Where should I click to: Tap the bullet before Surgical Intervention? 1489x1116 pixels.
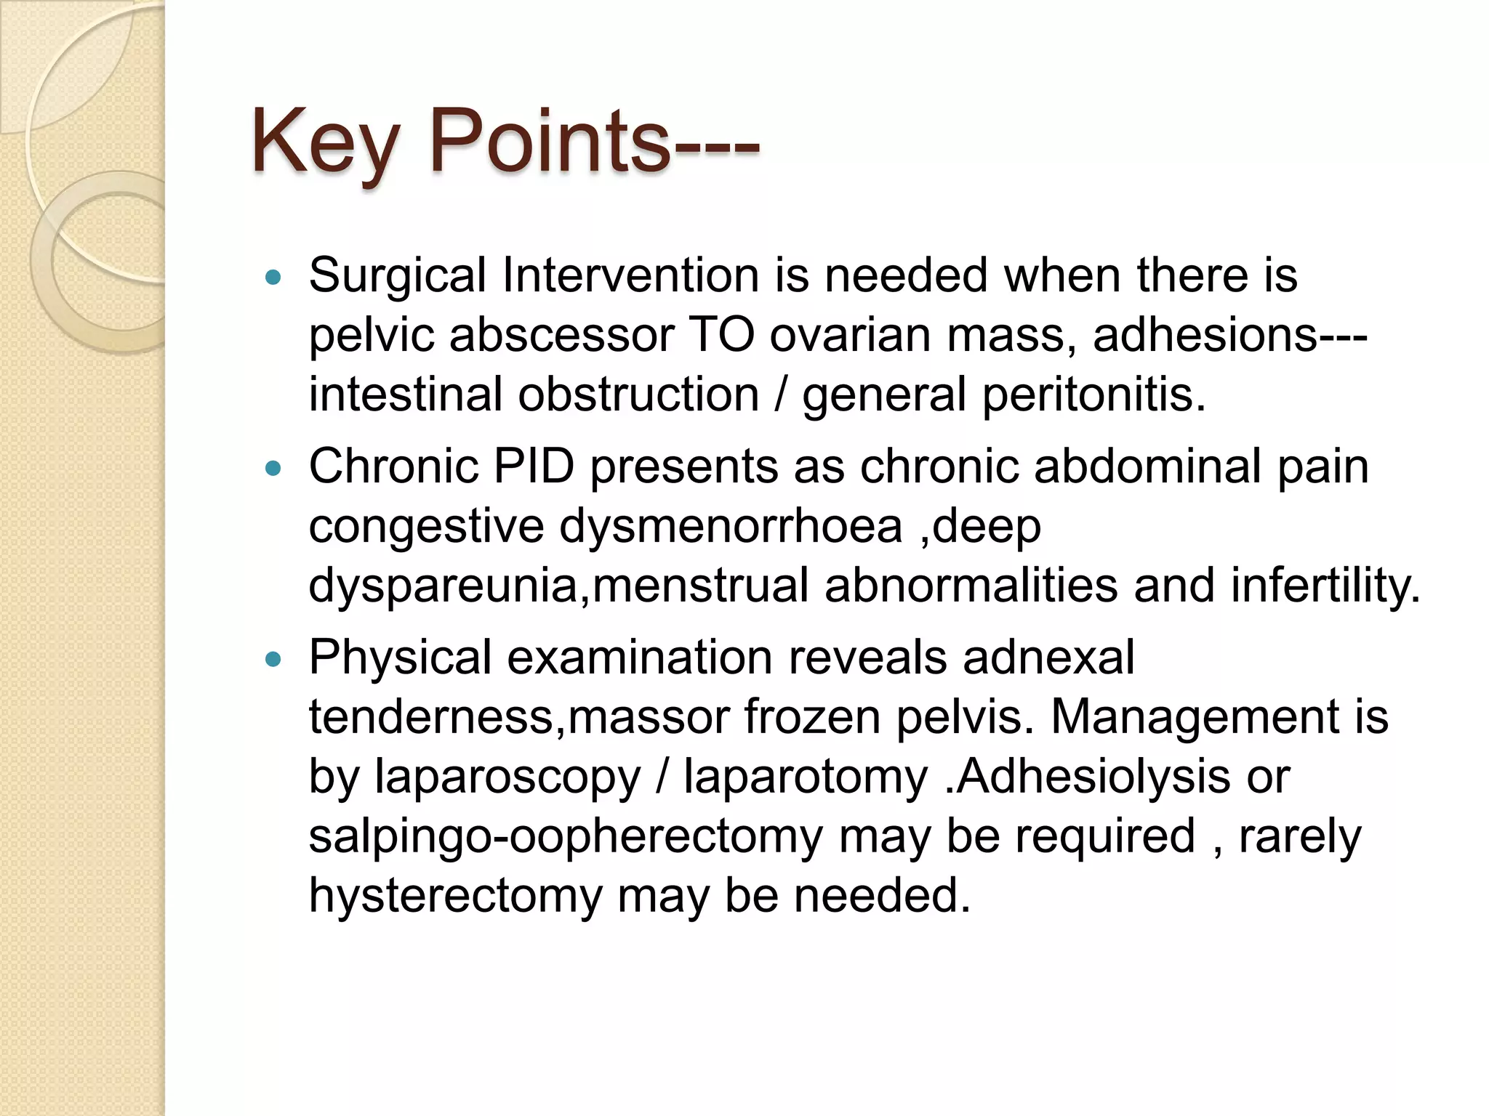tap(273, 277)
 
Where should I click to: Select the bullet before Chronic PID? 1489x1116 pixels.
tap(273, 469)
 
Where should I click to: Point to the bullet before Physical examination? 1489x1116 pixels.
tap(273, 660)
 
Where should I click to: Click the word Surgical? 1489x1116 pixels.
tap(397, 277)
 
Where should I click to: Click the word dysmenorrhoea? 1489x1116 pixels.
tap(731, 527)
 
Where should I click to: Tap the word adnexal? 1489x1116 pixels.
tap(1048, 658)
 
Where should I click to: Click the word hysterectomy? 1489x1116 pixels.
tap(455, 896)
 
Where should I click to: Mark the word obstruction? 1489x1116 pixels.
tap(638, 395)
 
